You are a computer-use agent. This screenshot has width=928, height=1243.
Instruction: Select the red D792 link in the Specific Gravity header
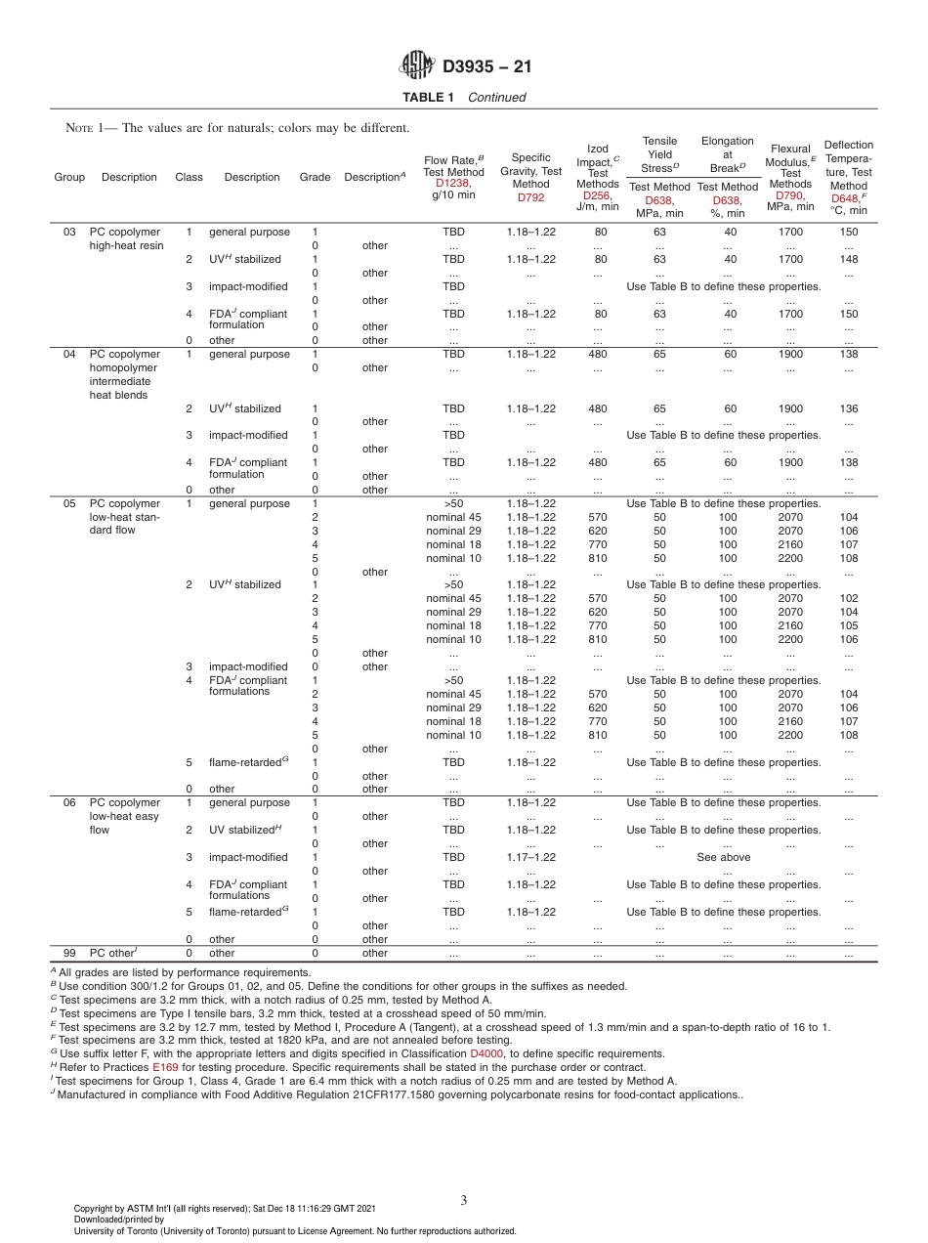(x=530, y=197)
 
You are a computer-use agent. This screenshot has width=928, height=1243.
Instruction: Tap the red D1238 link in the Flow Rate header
(x=453, y=183)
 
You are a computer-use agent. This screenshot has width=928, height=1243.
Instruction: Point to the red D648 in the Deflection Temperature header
(x=844, y=198)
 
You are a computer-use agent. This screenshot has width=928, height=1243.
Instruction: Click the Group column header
(x=69, y=177)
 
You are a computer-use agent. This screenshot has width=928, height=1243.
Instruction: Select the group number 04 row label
(x=69, y=354)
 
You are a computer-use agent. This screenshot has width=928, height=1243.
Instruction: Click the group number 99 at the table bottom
(x=69, y=953)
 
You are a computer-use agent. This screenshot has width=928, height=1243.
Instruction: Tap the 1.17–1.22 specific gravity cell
(x=530, y=857)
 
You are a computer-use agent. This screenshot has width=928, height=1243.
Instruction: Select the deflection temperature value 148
(x=848, y=259)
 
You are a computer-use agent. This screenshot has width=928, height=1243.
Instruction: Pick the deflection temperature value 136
(x=848, y=408)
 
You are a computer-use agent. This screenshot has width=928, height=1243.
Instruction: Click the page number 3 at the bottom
(x=464, y=1199)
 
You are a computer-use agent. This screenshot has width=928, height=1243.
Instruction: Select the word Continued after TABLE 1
(x=496, y=97)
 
